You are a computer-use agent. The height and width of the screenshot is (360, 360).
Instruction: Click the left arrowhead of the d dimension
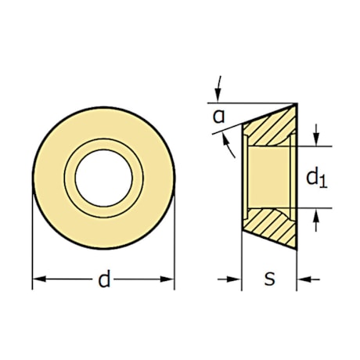click(x=37, y=279)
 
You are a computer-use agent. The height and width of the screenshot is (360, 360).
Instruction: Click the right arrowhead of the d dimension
click(x=170, y=279)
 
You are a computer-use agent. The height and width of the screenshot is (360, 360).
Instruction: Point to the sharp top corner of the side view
click(x=297, y=103)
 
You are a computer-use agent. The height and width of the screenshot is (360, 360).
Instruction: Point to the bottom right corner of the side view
click(x=297, y=250)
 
